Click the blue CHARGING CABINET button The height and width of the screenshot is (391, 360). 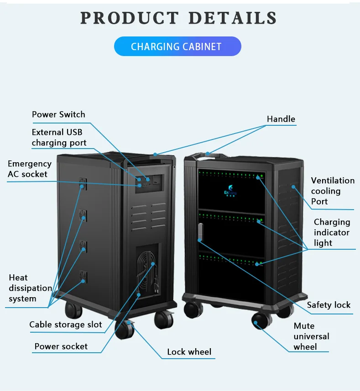tap(177, 46)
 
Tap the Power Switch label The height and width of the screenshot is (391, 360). tap(58, 114)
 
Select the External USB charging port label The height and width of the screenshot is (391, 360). tap(59, 137)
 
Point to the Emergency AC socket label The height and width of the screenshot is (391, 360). tap(29, 169)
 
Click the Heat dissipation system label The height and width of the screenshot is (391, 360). tap(30, 288)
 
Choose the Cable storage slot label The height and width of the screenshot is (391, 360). tap(66, 324)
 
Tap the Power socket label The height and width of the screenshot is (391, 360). tap(61, 346)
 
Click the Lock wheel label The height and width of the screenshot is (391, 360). tap(189, 351)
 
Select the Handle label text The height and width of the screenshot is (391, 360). tap(281, 119)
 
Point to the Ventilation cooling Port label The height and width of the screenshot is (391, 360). tap(332, 191)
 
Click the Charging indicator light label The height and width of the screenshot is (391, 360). tap(332, 232)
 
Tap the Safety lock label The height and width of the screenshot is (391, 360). tap(329, 305)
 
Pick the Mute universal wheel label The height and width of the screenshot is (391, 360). tap(311, 336)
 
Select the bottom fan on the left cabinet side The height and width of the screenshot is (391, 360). tap(83, 276)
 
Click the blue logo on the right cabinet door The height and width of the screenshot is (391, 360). tap(230, 189)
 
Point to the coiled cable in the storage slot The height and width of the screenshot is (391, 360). tap(147, 269)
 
